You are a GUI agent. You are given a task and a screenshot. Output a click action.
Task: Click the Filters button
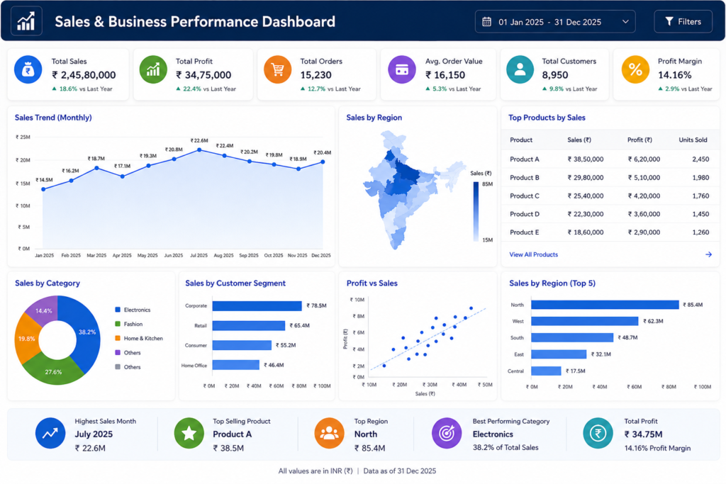683,22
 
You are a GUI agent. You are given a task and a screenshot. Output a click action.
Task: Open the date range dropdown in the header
554,22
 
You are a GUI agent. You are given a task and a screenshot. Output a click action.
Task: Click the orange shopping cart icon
277,69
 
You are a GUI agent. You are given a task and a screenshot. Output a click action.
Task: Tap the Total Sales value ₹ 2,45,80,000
84,75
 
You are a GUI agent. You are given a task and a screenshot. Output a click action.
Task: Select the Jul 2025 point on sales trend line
199,150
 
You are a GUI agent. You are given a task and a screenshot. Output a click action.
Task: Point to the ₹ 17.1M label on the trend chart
123,166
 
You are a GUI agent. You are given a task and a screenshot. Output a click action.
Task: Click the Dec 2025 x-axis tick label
321,255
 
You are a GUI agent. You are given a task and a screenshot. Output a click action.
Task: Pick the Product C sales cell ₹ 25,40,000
586,196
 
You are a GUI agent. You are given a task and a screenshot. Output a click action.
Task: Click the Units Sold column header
693,140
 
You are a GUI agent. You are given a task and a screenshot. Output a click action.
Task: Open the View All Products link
533,254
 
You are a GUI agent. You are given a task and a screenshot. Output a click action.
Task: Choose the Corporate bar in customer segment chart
257,306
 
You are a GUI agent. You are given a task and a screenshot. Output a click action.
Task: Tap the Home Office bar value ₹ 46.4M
274,365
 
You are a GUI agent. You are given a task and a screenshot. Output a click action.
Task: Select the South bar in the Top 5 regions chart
572,338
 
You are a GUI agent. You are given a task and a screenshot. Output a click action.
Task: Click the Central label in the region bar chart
515,371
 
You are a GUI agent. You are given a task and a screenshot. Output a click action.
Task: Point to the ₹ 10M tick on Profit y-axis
357,300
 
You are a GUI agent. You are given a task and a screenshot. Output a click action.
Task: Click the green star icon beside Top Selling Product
189,433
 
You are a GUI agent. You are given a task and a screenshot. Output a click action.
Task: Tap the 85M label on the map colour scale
488,184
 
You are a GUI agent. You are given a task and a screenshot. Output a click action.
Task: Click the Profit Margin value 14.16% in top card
675,75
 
